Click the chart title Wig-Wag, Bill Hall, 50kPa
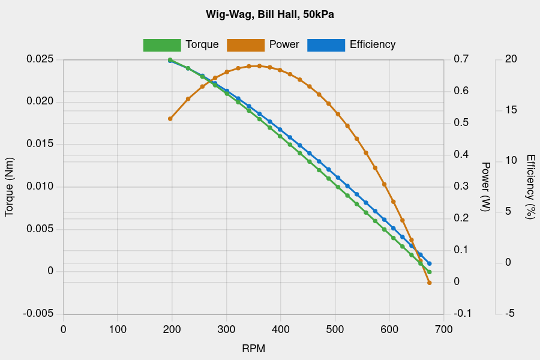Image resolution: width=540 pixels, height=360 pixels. (270, 14)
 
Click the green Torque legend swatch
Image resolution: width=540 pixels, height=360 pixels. (162, 45)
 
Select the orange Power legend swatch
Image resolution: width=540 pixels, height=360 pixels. (245, 45)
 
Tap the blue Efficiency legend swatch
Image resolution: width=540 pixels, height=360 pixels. (326, 45)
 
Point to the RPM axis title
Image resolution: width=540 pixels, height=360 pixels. (253, 349)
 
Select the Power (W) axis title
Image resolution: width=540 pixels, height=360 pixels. (486, 187)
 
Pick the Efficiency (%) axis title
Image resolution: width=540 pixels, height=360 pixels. (530, 187)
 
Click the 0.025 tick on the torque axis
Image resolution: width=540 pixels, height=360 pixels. (40, 59)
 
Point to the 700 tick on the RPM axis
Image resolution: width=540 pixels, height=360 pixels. (443, 329)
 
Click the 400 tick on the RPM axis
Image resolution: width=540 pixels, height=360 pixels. (281, 329)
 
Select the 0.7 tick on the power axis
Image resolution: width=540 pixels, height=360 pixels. (461, 59)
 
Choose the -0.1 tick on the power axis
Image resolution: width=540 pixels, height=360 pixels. (461, 314)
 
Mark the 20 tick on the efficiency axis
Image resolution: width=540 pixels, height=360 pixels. (511, 59)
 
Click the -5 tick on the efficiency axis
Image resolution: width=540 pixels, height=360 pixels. (511, 314)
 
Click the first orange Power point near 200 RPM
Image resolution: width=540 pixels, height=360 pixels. (170, 119)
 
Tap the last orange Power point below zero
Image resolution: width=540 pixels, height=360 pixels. (430, 283)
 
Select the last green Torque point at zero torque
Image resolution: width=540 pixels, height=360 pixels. (430, 272)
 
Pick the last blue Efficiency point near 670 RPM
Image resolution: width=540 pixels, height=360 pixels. (430, 263)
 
